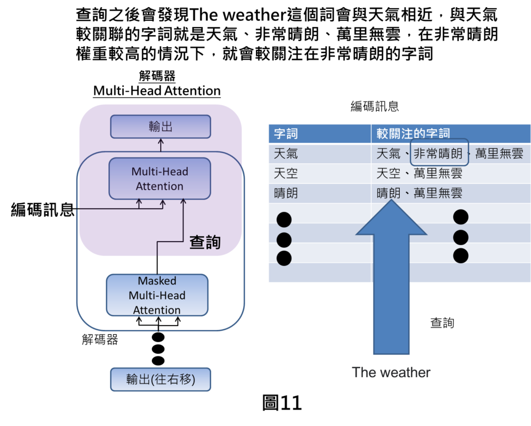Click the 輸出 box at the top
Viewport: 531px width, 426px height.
160,126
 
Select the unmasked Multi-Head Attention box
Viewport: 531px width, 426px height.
160,179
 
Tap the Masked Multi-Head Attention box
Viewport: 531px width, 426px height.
157,295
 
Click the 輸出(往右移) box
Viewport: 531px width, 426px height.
160,379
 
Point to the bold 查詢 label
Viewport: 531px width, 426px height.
205,242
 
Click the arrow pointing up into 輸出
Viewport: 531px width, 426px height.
160,145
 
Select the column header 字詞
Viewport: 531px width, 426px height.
286,134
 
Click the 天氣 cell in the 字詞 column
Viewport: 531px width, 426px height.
286,154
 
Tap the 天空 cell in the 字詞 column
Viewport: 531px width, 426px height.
286,174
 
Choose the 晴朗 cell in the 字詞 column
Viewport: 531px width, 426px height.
286,194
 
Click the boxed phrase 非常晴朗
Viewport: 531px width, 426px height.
439,154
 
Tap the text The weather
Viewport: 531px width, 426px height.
391,372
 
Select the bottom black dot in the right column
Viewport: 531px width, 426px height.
460,255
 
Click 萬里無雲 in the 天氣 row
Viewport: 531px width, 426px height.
499,154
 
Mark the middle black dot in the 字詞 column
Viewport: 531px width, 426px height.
284,239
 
